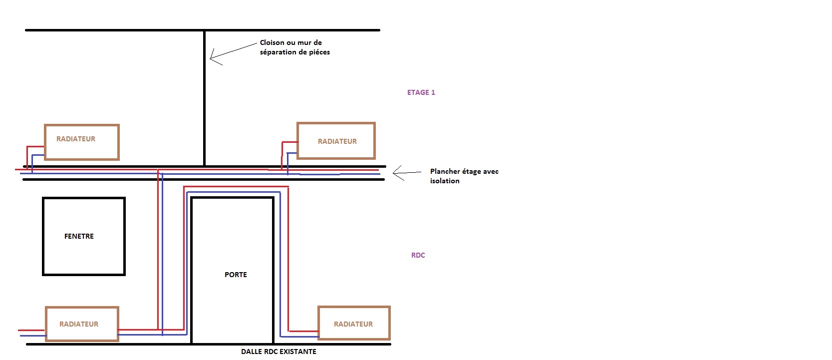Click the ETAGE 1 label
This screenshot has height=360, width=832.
pyautogui.click(x=421, y=92)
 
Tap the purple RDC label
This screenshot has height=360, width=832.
pyautogui.click(x=418, y=255)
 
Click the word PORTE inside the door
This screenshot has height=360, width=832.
pyautogui.click(x=236, y=275)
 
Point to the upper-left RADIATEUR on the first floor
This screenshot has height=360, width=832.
pyautogui.click(x=81, y=142)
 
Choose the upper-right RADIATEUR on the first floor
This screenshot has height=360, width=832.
pyautogui.click(x=336, y=141)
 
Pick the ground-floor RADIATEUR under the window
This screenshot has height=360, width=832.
pyautogui.click(x=82, y=324)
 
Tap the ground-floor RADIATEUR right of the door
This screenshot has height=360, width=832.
pyautogui.click(x=353, y=324)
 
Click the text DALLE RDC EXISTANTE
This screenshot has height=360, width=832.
pyautogui.click(x=278, y=352)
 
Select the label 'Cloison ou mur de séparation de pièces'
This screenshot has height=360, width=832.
pyautogui.click(x=294, y=47)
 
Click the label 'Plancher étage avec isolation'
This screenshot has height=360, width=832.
pyautogui.click(x=464, y=176)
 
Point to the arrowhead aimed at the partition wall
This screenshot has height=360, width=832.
pyautogui.click(x=212, y=57)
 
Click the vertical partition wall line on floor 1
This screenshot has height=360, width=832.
pyautogui.click(x=204, y=100)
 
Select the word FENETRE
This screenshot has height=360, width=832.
pyautogui.click(x=79, y=236)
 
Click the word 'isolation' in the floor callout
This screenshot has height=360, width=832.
pyautogui.click(x=445, y=181)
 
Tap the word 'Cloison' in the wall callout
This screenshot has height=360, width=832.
pyautogui.click(x=272, y=43)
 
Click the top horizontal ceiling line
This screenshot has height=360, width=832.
pyautogui.click(x=202, y=30)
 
